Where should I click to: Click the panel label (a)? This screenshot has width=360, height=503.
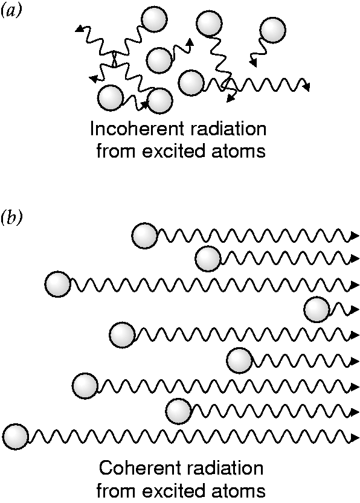[x=11, y=12]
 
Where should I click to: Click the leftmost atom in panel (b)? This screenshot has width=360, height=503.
[x=15, y=437]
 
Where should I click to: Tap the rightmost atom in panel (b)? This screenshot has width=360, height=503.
[x=317, y=310]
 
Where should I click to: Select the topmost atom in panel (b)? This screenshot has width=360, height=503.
[x=145, y=235]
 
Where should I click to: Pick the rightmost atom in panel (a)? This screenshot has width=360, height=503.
[x=273, y=30]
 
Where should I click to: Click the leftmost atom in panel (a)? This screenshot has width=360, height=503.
[x=111, y=98]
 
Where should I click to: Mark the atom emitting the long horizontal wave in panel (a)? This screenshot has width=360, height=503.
[x=191, y=83]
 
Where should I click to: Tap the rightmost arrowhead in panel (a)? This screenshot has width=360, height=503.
[x=306, y=86]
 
